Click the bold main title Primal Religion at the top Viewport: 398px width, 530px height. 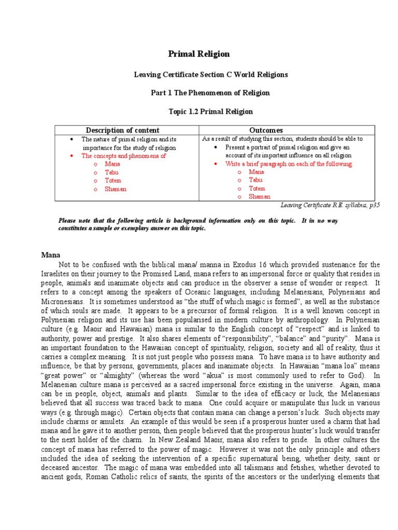pyautogui.click(x=199, y=54)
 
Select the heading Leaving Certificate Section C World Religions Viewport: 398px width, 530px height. pyautogui.click(x=211, y=75)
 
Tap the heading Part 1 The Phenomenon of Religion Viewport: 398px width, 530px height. pyautogui.click(x=211, y=93)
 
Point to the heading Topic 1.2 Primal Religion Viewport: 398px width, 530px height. pyautogui.click(x=211, y=111)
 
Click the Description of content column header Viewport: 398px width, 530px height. pyautogui.click(x=122, y=130)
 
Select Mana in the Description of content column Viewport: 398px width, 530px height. pyautogui.click(x=112, y=164)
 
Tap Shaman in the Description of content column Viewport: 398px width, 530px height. pyautogui.click(x=115, y=189)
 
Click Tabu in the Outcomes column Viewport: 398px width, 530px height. pyautogui.click(x=256, y=180)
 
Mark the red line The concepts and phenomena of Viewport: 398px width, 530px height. pyautogui.click(x=123, y=156)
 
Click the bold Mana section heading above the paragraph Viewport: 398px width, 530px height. pyautogui.click(x=51, y=255)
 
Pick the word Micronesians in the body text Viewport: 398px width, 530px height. pyautogui.click(x=61, y=292)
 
